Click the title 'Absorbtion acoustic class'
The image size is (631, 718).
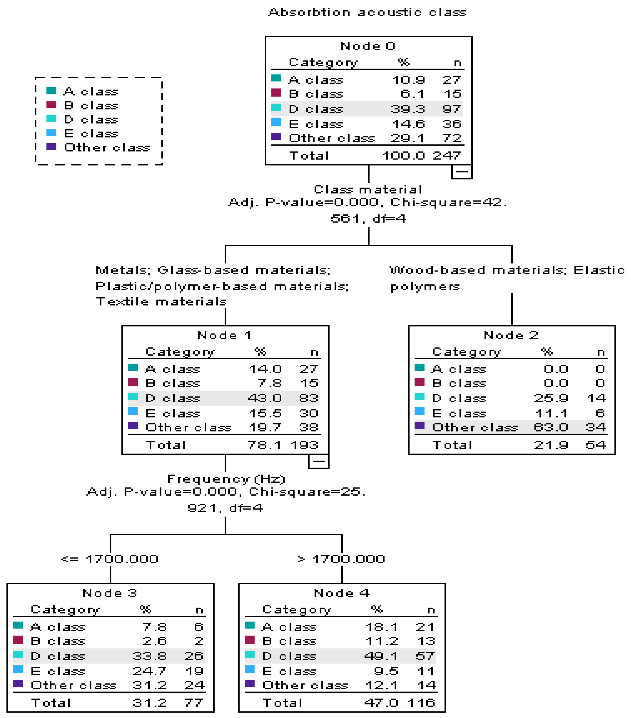(x=367, y=13)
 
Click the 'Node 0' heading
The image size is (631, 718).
(x=368, y=46)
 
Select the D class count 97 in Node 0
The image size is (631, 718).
(x=451, y=109)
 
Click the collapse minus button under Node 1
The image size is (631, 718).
(x=318, y=461)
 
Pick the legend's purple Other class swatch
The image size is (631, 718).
(x=51, y=147)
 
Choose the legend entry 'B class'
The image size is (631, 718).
(x=91, y=105)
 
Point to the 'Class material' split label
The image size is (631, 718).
(x=368, y=190)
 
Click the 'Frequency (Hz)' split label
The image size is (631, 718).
(x=226, y=479)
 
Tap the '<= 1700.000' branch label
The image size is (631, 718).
(x=110, y=559)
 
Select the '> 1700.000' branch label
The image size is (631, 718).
(x=341, y=559)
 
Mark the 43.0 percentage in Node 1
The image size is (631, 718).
(x=264, y=398)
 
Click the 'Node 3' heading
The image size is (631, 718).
(x=110, y=593)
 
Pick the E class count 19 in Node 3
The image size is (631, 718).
(x=194, y=671)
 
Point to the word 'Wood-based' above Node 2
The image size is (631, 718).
(x=437, y=270)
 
